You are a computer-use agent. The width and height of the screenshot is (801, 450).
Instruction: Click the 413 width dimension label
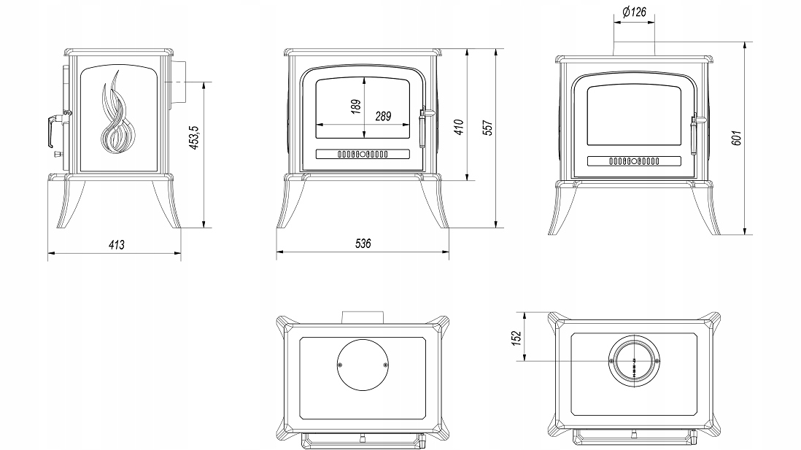point(117,245)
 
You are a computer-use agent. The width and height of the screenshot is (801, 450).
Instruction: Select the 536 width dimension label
point(363,244)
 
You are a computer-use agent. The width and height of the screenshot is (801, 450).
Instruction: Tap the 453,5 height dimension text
point(195,137)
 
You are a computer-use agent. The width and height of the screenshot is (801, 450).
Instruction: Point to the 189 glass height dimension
point(356,106)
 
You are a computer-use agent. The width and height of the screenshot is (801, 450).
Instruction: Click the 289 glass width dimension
point(383,117)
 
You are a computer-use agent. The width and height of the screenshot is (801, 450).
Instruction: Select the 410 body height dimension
point(459,127)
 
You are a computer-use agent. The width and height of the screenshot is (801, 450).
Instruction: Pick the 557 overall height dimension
point(488,128)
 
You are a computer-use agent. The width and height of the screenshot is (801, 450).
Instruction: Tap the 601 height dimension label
point(736,138)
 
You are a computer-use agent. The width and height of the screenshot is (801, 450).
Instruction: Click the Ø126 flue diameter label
point(634,12)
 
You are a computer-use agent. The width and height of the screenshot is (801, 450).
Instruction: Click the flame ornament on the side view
point(117,112)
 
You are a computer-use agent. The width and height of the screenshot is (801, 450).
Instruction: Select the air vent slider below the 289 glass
point(363,154)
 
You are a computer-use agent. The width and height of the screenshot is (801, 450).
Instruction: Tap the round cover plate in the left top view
point(363,365)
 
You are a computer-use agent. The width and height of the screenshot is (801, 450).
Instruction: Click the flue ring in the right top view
point(634,361)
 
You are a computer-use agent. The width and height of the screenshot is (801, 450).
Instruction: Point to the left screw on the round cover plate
point(340,365)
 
